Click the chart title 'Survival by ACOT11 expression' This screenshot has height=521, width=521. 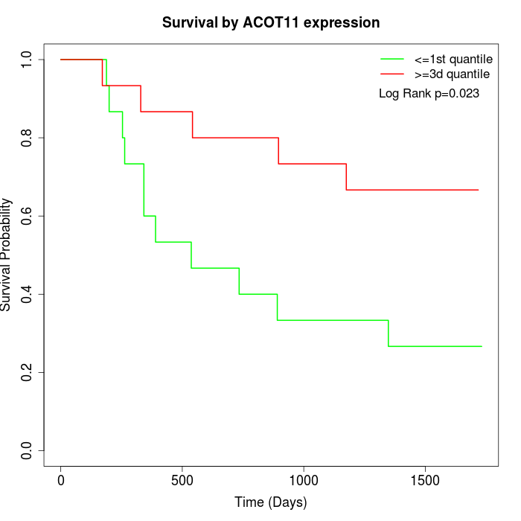pyautogui.click(x=271, y=23)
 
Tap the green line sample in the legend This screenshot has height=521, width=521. pyautogui.click(x=392, y=59)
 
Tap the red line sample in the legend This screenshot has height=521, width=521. pyautogui.click(x=392, y=74)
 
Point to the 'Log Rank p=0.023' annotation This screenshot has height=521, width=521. pyautogui.click(x=429, y=94)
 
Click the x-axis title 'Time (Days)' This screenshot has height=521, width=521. pyautogui.click(x=271, y=502)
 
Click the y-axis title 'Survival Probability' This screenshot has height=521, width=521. pyautogui.click(x=7, y=255)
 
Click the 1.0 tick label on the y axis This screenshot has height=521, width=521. pyautogui.click(x=27, y=60)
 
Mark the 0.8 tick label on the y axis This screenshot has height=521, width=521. pyautogui.click(x=27, y=138)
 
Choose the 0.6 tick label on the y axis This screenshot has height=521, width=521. pyautogui.click(x=27, y=216)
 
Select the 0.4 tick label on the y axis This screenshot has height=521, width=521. pyautogui.click(x=27, y=294)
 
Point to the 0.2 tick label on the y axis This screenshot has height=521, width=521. pyautogui.click(x=27, y=372)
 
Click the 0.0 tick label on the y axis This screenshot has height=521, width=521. pyautogui.click(x=27, y=450)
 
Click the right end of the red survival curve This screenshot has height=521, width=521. pyautogui.click(x=478, y=190)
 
